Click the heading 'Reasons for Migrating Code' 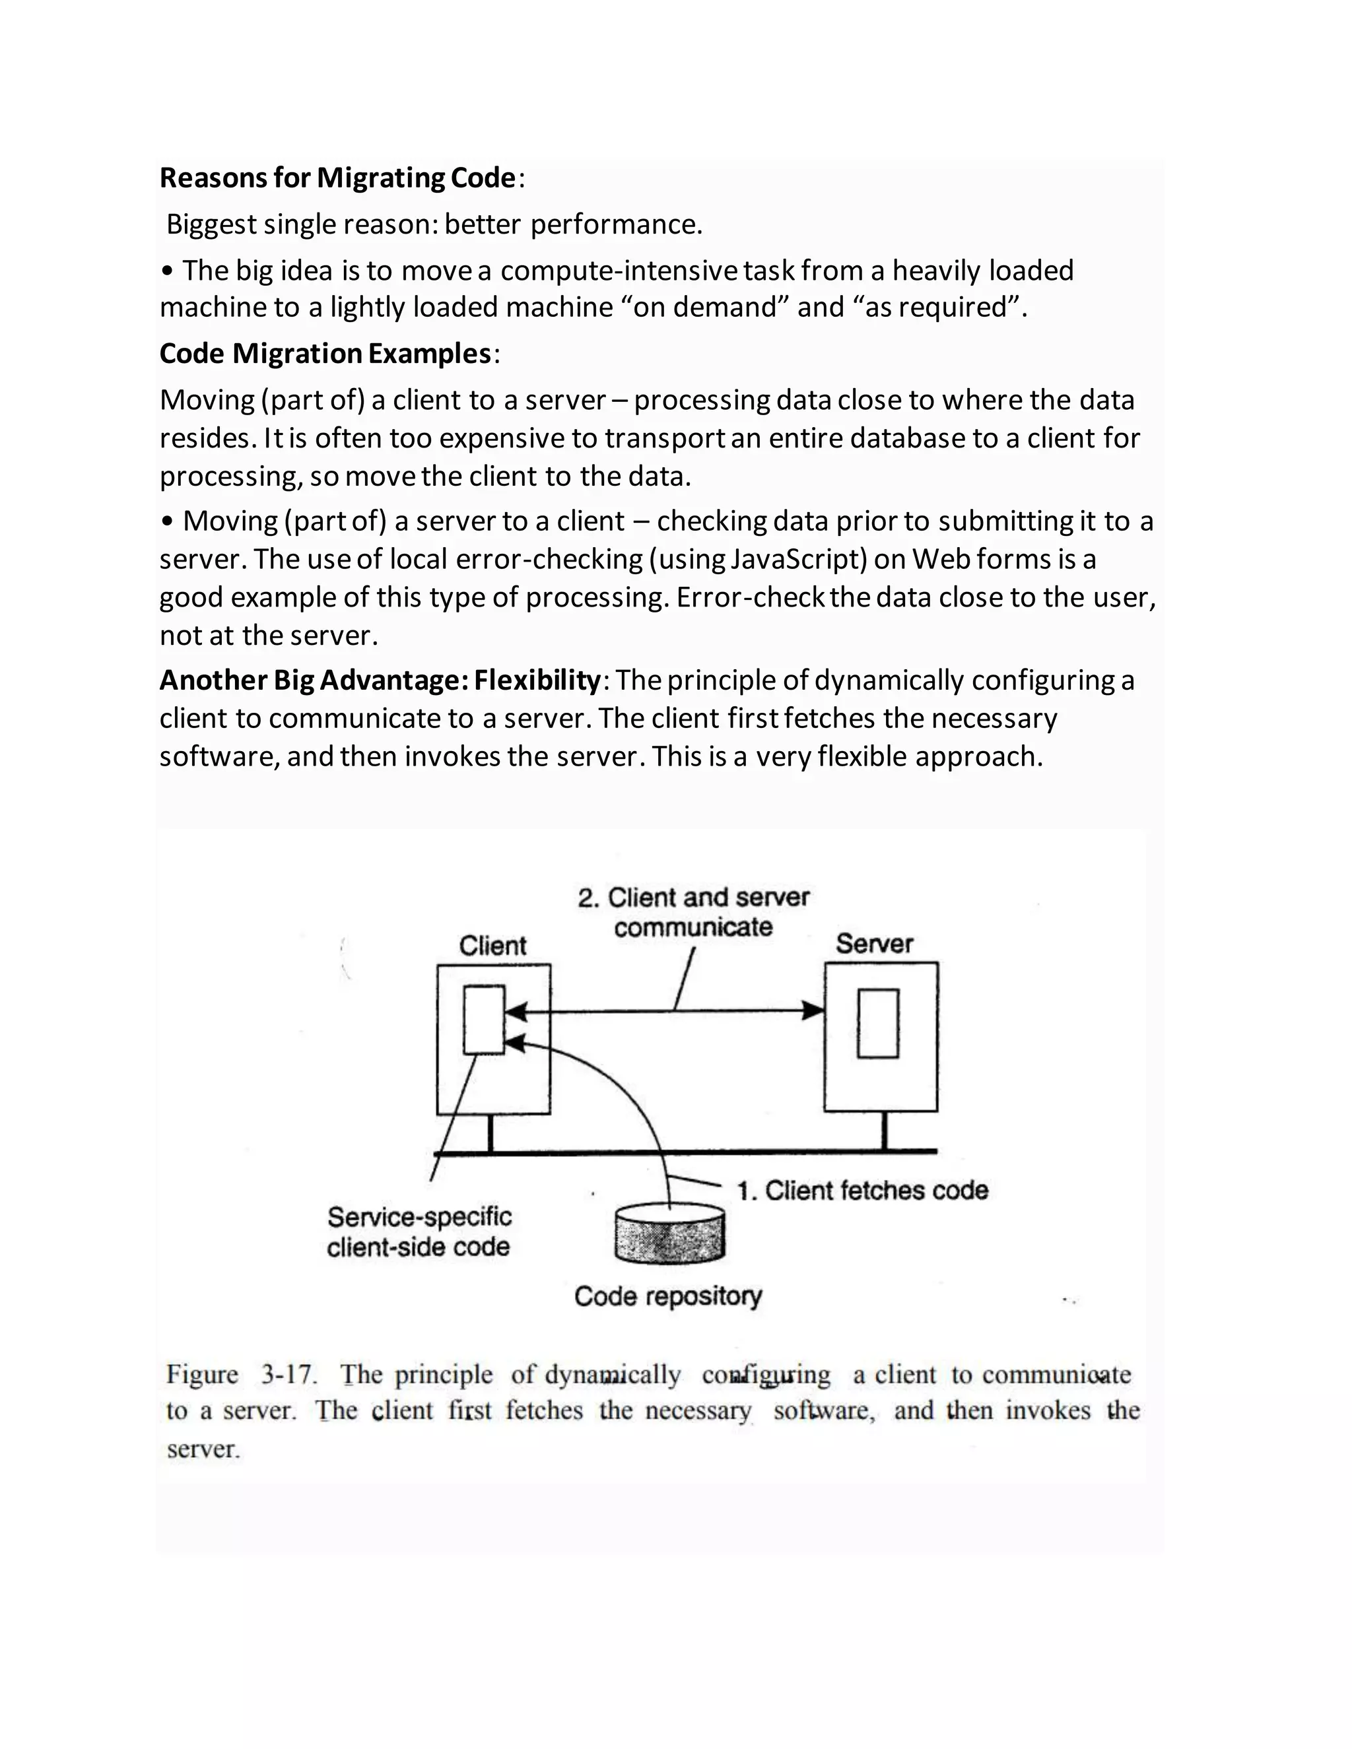coord(337,178)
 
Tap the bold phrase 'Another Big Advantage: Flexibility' coord(380,680)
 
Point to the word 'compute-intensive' coord(617,271)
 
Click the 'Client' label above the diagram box coord(492,946)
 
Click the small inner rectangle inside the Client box coord(484,1020)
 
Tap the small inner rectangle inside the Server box coord(878,1024)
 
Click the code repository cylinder coord(669,1235)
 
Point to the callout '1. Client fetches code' coord(862,1191)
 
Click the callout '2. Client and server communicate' coord(693,912)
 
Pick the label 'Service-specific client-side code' coord(419,1232)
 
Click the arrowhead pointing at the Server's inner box coord(814,1010)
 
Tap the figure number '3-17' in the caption coord(288,1374)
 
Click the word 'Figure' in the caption coord(202,1374)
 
